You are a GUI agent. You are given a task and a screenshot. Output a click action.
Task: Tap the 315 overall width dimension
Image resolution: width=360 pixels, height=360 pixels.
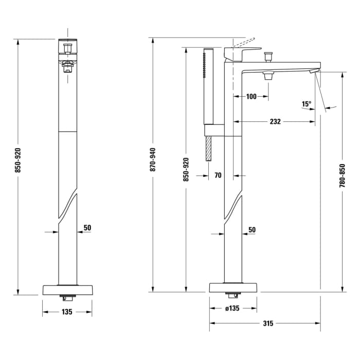[267, 323]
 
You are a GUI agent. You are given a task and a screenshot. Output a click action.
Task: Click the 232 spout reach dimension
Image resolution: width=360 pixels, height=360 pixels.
[275, 122]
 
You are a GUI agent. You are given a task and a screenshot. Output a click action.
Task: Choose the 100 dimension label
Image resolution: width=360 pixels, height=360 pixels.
[251, 97]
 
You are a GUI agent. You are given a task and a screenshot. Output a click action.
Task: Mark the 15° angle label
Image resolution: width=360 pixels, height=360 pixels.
[307, 104]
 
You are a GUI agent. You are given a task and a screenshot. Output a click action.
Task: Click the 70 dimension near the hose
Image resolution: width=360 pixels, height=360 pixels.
[218, 175]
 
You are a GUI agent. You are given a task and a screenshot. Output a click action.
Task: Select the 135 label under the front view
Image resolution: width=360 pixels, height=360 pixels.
[67, 312]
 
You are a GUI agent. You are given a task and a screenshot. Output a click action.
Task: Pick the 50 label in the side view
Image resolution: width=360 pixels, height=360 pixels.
[252, 229]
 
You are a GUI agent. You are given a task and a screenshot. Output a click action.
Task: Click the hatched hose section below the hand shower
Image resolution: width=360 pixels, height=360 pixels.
[208, 149]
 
